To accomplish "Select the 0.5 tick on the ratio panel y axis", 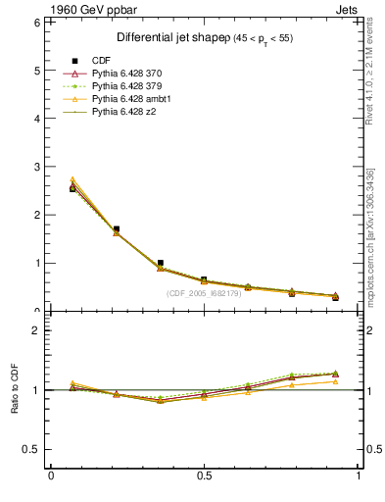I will point(31,449).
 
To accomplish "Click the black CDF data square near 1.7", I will point(117,229).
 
